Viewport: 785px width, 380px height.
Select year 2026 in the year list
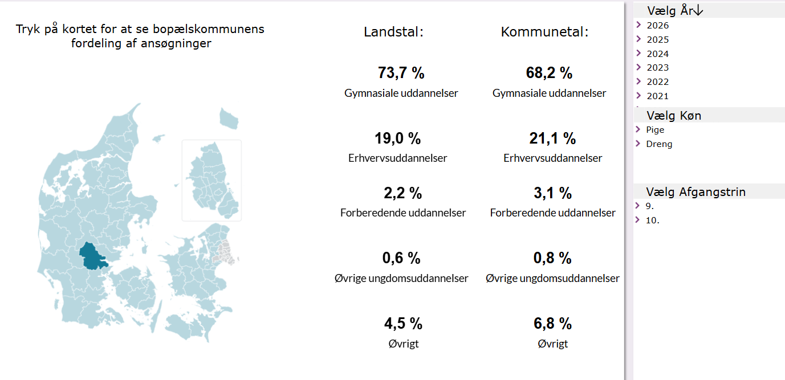[x=657, y=26]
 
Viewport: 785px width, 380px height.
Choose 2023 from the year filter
[x=657, y=68]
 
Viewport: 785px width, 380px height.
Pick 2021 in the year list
[x=657, y=96]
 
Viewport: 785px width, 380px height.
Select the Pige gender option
[x=655, y=130]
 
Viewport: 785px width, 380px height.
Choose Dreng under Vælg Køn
[x=659, y=144]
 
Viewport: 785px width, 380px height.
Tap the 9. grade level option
[x=650, y=206]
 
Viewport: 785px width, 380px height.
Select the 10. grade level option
[x=652, y=220]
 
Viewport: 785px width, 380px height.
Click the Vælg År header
[x=675, y=10]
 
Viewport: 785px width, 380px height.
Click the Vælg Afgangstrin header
[x=695, y=192]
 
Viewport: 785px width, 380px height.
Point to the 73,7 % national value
[x=401, y=73]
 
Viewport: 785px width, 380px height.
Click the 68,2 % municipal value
[x=549, y=73]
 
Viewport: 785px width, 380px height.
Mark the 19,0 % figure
[x=397, y=138]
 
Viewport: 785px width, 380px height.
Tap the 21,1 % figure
[x=552, y=138]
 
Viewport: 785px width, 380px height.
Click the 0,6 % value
[x=401, y=258]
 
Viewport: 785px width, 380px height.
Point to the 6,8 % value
[x=552, y=324]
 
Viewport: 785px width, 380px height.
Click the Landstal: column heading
[x=393, y=32]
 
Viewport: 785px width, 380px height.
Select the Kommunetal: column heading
[x=544, y=32]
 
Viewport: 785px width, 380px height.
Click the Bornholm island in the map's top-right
[x=229, y=119]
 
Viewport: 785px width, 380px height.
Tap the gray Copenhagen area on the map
[x=223, y=253]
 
